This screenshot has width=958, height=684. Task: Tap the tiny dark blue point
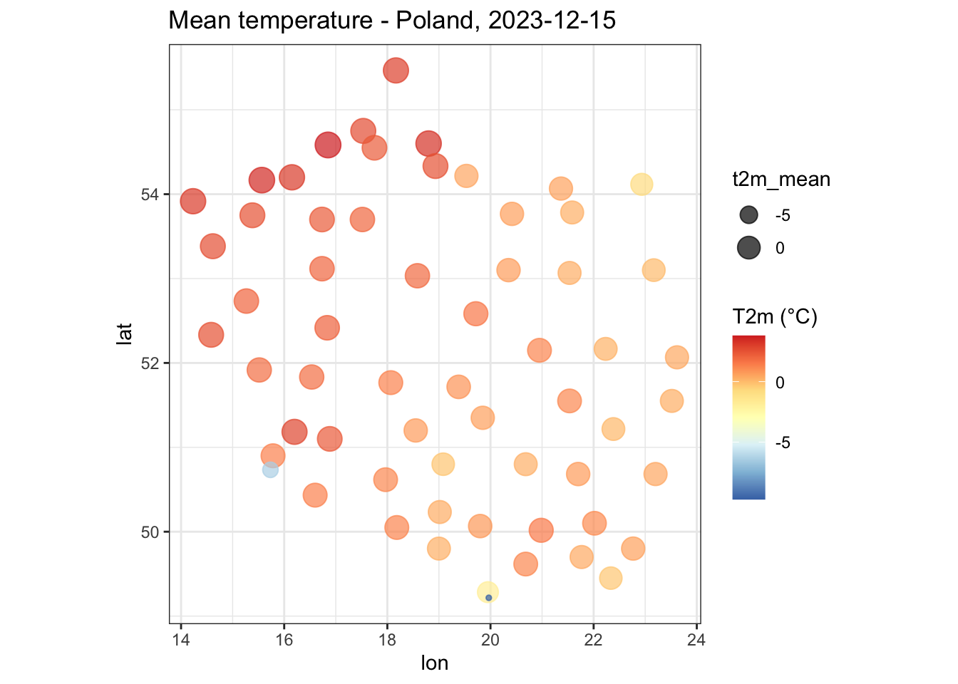[489, 598]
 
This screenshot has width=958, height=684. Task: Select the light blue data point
[270, 470]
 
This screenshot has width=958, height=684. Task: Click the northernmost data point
[396, 70]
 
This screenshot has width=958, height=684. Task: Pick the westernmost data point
[193, 201]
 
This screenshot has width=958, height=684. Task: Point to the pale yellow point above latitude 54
[642, 185]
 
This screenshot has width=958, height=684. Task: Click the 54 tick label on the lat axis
[150, 195]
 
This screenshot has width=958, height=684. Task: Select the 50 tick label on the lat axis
[150, 533]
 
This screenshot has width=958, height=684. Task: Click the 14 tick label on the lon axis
[181, 640]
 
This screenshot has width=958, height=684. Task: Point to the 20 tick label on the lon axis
[490, 640]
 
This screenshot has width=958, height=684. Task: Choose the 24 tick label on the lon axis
[696, 640]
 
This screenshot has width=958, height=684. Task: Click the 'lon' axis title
[435, 663]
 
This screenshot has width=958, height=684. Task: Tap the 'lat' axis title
[124, 333]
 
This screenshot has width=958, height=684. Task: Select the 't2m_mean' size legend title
[781, 179]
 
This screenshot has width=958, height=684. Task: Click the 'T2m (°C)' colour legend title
[775, 317]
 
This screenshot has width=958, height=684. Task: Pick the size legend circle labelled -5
[748, 214]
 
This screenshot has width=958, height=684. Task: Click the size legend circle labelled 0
[748, 248]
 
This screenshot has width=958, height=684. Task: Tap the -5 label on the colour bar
[783, 443]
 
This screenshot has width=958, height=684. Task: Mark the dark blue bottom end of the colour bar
[748, 496]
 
